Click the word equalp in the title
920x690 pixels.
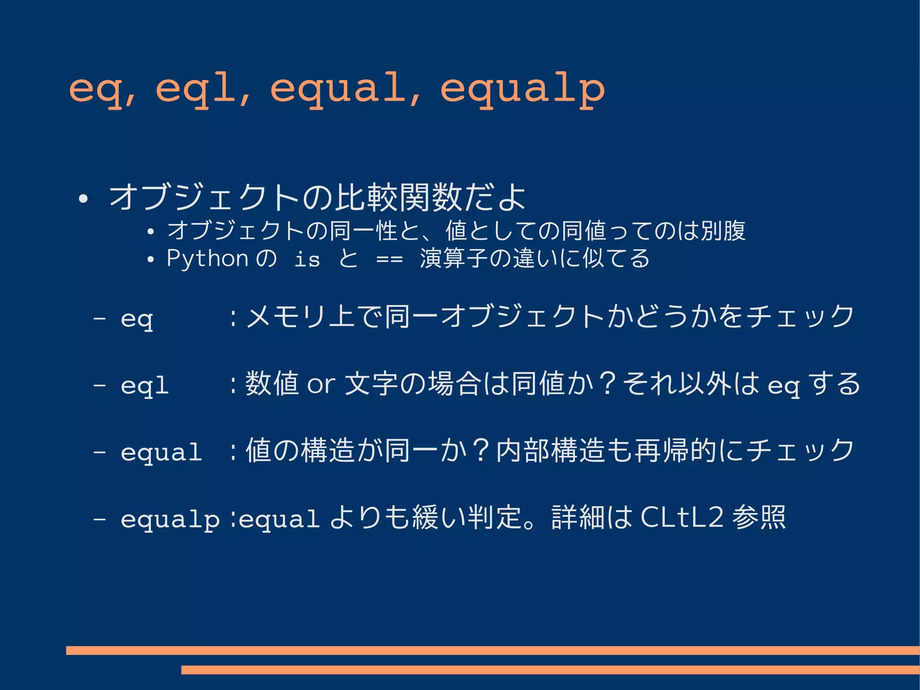(x=522, y=89)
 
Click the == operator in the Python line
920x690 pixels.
(x=389, y=259)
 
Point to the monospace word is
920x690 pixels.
(x=307, y=259)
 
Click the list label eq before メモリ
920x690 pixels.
(x=137, y=319)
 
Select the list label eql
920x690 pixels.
(x=145, y=385)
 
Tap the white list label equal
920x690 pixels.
(x=161, y=452)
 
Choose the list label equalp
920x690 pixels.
(x=170, y=519)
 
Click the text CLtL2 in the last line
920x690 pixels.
(x=681, y=517)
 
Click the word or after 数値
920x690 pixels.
(x=321, y=384)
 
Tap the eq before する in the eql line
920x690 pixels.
(x=784, y=385)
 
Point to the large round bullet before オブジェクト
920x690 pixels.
(x=83, y=198)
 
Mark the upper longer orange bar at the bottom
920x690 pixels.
(x=492, y=650)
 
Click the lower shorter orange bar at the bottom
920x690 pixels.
(x=550, y=670)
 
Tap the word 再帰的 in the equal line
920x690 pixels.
(x=675, y=450)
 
